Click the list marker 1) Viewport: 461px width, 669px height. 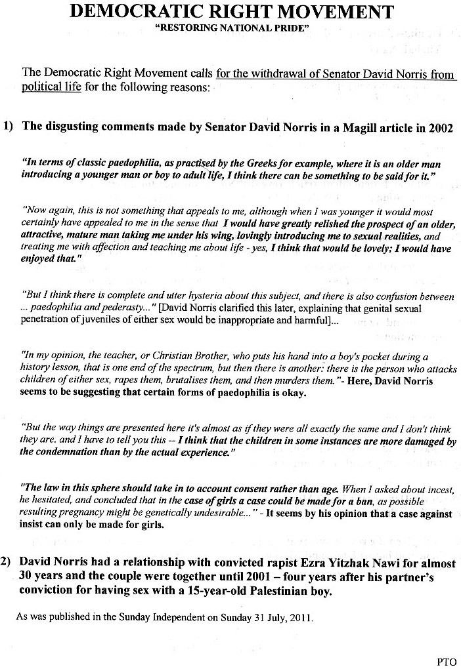(x=9, y=127)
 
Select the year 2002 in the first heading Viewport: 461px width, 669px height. (x=438, y=127)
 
